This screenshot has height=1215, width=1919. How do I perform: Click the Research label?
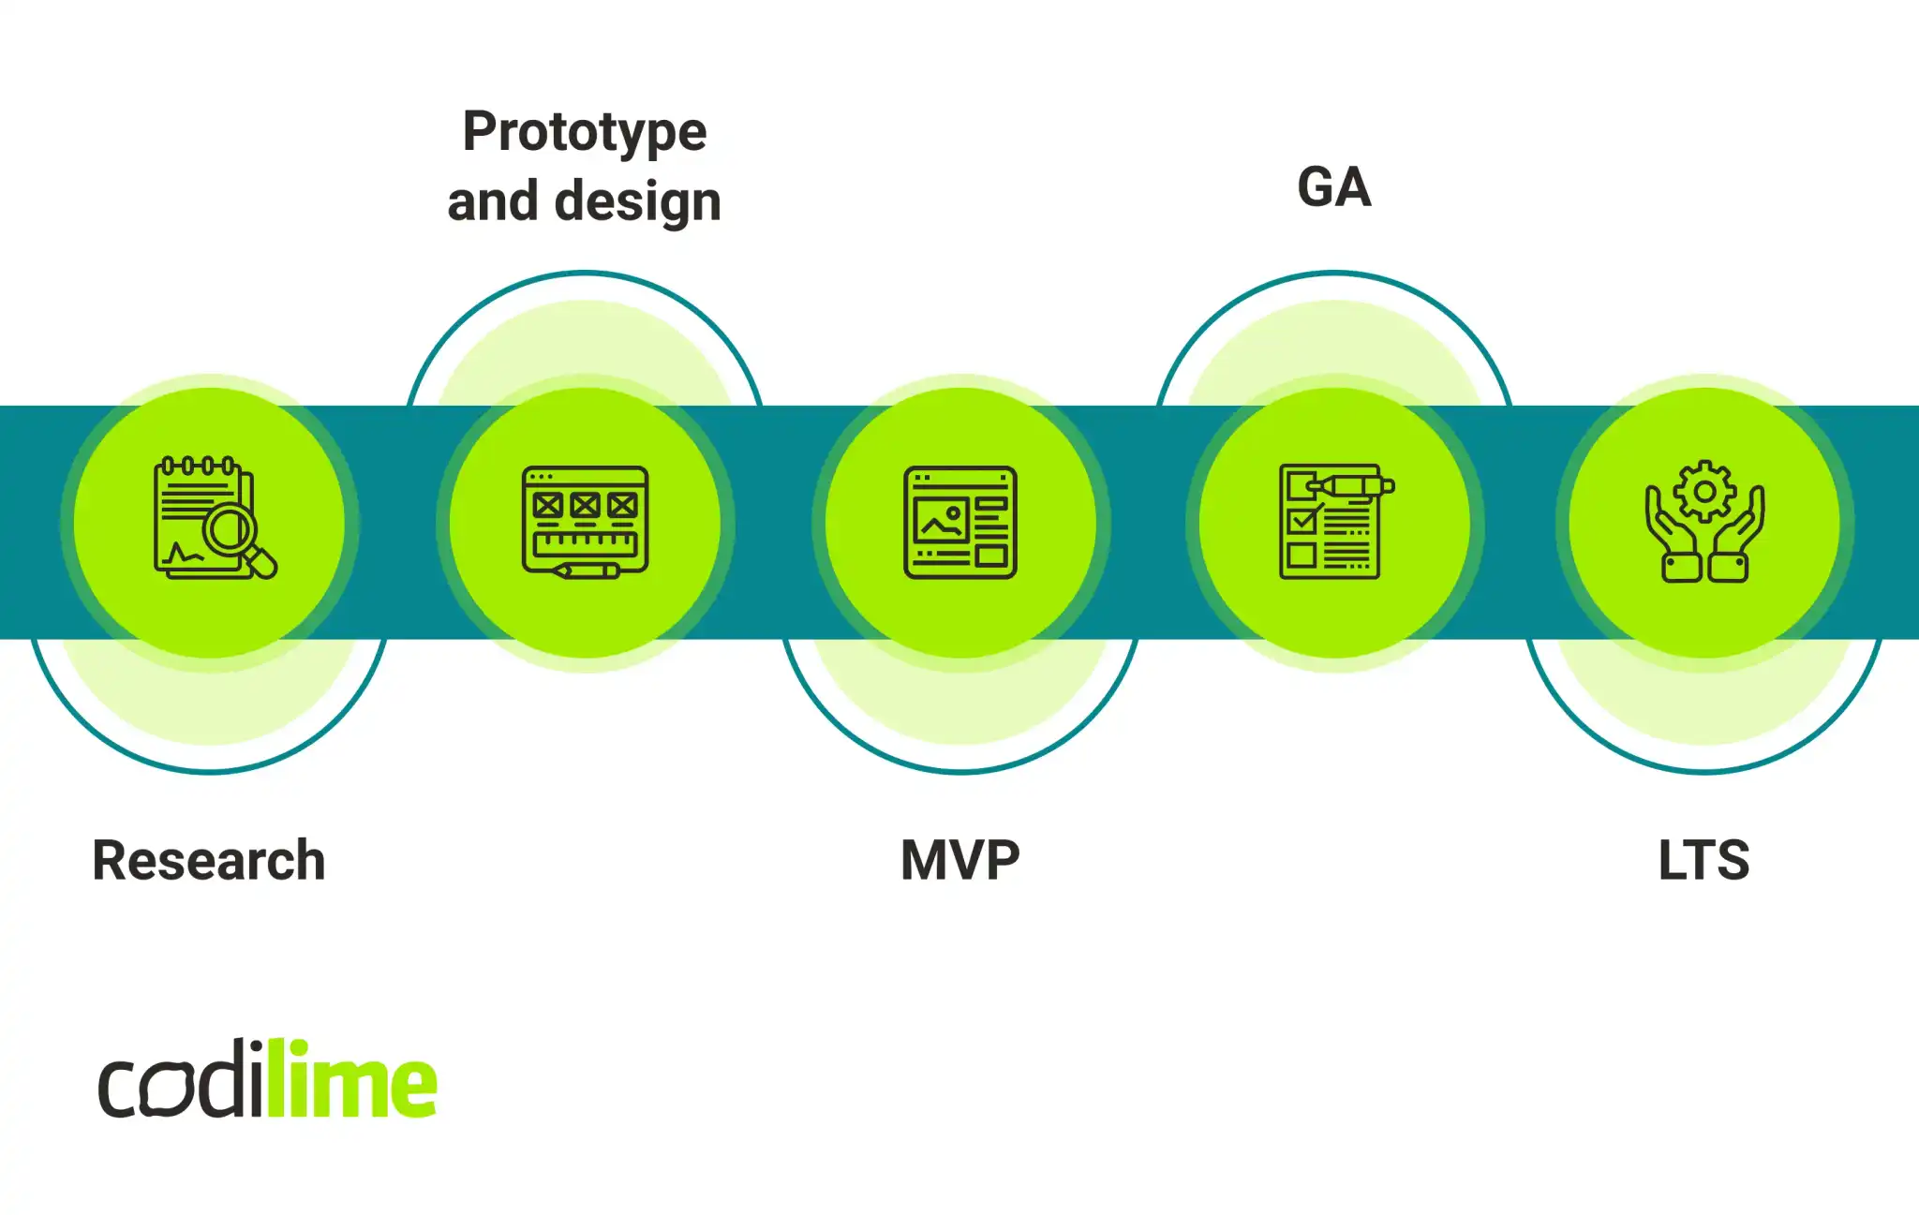208,860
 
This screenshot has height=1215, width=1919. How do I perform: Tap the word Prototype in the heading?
585,132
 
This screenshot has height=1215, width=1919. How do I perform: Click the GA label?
1333,187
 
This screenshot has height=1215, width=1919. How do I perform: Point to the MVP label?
959,860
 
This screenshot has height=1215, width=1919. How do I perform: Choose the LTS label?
1703,860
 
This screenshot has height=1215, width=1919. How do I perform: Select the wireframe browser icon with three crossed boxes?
585,521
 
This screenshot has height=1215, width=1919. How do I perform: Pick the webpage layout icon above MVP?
959,522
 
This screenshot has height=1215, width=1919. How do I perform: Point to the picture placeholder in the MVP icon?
941,521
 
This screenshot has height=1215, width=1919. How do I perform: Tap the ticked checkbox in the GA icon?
1302,521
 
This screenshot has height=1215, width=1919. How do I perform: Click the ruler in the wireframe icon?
585,542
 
